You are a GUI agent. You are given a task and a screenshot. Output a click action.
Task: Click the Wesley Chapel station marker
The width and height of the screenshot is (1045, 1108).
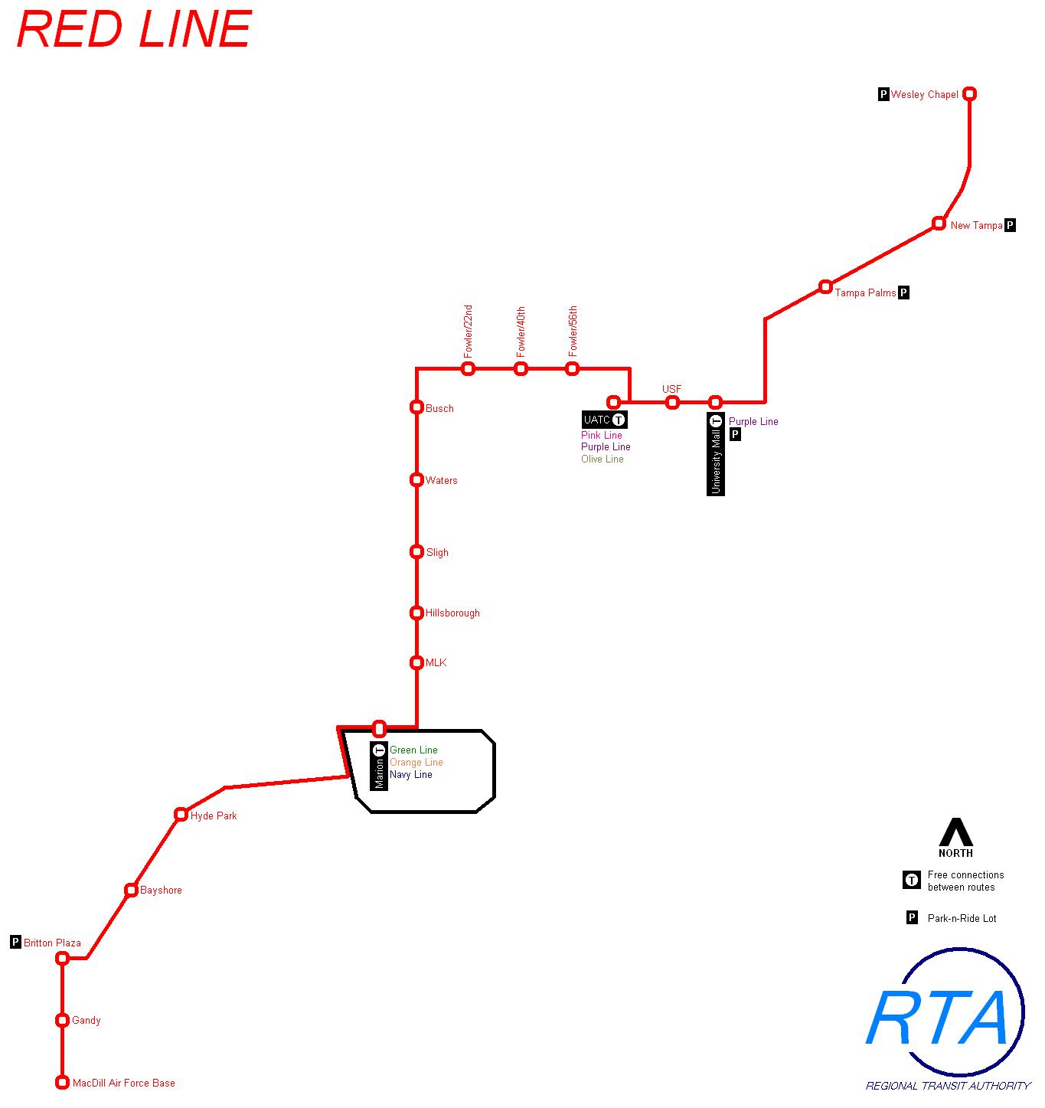(969, 94)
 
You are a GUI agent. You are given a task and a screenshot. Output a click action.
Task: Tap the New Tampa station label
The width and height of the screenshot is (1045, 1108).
(976, 226)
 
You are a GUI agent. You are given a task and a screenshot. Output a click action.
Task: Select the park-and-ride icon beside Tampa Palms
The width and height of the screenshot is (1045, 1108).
(903, 293)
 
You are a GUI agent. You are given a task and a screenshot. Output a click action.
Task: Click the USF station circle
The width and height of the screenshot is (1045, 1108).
(672, 403)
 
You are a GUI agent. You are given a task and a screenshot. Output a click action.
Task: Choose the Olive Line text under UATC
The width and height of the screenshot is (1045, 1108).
(602, 459)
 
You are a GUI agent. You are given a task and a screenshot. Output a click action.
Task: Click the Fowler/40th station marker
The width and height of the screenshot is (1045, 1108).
(521, 369)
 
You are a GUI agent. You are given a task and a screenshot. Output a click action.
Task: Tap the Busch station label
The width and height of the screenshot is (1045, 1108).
(439, 409)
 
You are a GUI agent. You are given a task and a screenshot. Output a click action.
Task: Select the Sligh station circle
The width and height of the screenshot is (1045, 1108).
(416, 551)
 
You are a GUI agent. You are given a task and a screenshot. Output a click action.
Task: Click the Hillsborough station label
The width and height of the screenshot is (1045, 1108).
(452, 613)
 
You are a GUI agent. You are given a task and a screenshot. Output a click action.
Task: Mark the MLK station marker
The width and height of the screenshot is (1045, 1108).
(416, 663)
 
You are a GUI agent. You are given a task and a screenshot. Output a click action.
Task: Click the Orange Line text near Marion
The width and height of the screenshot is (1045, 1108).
(416, 763)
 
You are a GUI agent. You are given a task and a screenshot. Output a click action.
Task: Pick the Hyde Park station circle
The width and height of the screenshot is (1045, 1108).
(181, 814)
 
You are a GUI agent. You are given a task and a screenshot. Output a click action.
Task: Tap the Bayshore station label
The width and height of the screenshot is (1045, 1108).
(161, 891)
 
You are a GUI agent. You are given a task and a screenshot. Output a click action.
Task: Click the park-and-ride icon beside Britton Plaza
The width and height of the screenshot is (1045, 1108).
(15, 942)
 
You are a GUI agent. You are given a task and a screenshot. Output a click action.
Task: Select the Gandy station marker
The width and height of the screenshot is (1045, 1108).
(63, 1020)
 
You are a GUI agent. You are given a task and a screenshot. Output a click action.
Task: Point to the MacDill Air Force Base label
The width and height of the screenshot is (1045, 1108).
(123, 1083)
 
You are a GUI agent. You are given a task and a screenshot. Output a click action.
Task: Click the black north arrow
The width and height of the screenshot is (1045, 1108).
(955, 832)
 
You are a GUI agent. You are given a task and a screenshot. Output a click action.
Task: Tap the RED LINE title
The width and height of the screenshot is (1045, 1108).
(134, 31)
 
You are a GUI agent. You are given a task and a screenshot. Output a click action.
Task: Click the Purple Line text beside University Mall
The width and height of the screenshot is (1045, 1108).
(753, 422)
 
